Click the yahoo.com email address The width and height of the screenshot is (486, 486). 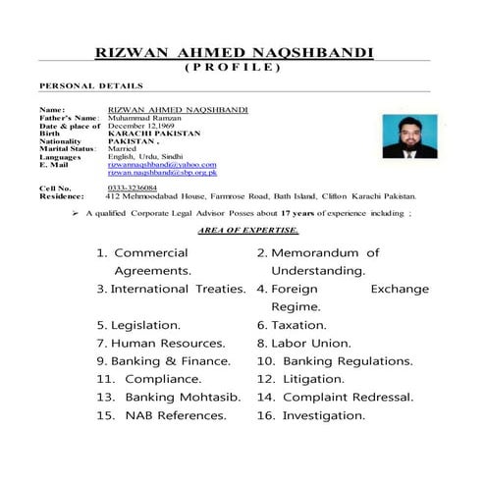coord(162,164)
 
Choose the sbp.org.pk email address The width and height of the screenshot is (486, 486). coord(162,172)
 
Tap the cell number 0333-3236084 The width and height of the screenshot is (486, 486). coord(133,187)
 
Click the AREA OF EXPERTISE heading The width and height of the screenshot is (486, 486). coord(247,229)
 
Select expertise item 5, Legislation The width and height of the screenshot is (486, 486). coord(139,324)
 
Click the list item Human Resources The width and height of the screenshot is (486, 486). coord(161,343)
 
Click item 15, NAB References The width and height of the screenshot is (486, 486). coord(161,414)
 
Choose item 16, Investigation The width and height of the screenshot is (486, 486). coord(310,414)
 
